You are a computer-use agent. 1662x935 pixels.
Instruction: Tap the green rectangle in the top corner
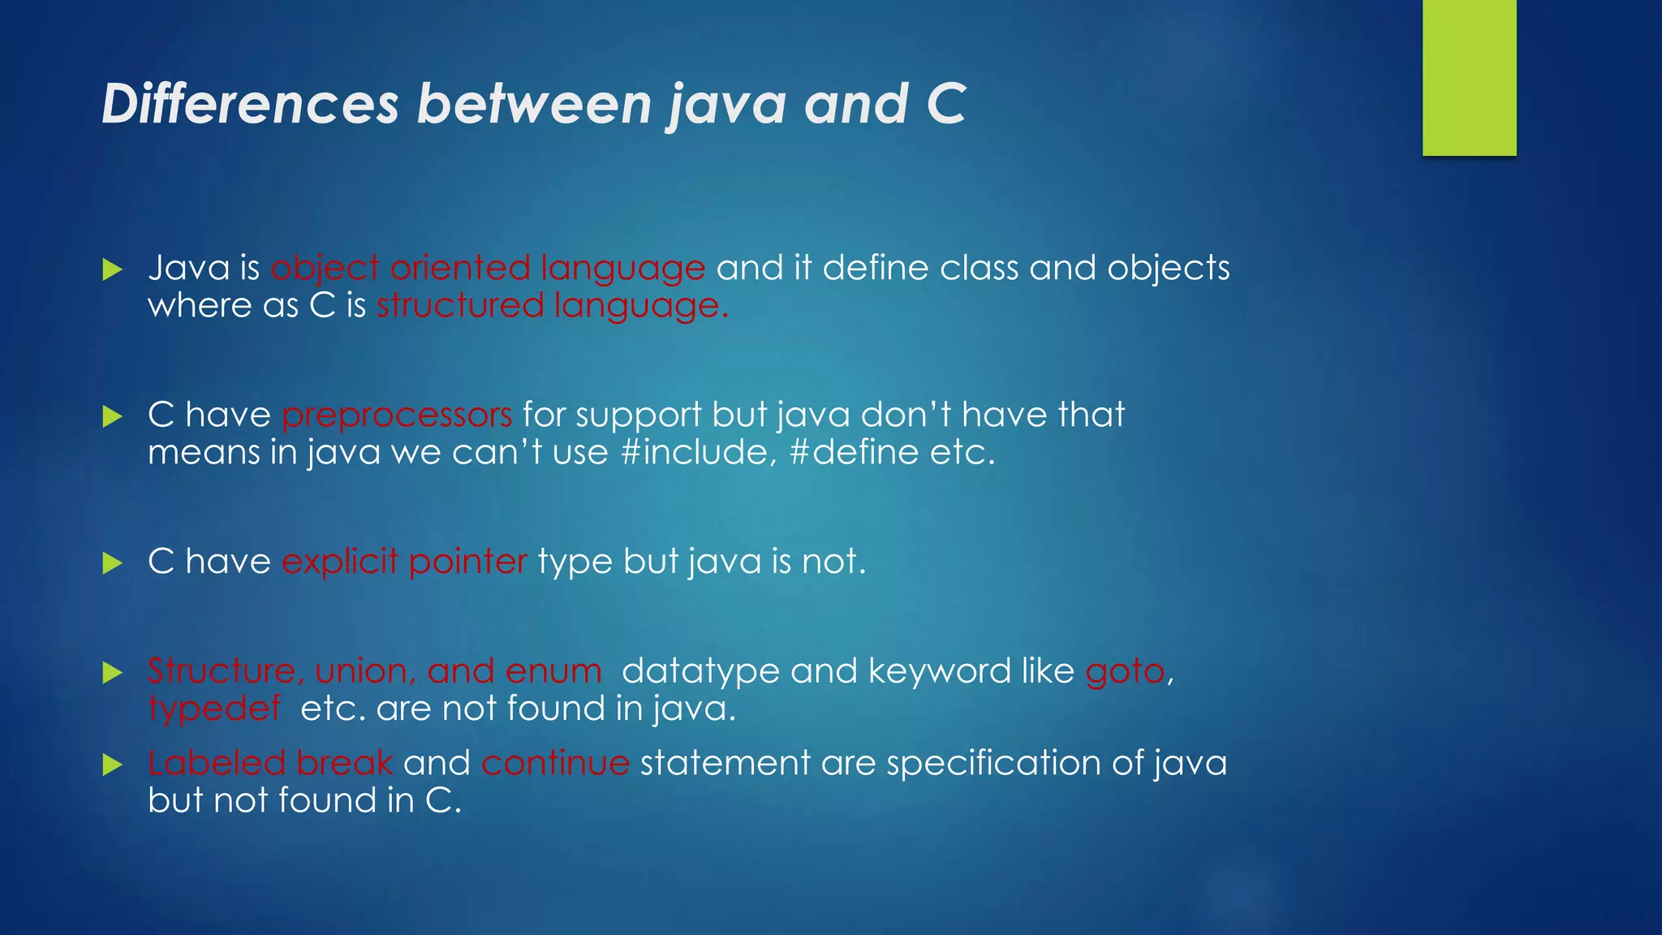(x=1469, y=77)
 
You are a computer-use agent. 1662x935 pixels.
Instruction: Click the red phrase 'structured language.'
(x=552, y=306)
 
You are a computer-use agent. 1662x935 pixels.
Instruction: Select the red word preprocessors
(x=397, y=415)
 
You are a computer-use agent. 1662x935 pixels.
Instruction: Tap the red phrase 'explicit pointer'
(x=404, y=562)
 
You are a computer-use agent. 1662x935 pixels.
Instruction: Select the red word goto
(x=1125, y=671)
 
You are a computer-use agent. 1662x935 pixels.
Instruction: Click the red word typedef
(x=215, y=709)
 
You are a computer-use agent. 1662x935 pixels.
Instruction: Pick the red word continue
(x=555, y=763)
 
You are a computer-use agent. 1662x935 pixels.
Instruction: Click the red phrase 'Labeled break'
(x=270, y=763)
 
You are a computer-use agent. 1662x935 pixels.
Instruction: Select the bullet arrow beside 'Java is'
(x=113, y=269)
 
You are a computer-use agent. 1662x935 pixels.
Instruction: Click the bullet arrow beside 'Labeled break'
(x=113, y=765)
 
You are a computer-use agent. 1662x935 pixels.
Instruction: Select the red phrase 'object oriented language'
(x=488, y=268)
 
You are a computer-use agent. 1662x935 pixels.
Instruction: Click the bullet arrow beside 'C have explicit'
(x=113, y=563)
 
